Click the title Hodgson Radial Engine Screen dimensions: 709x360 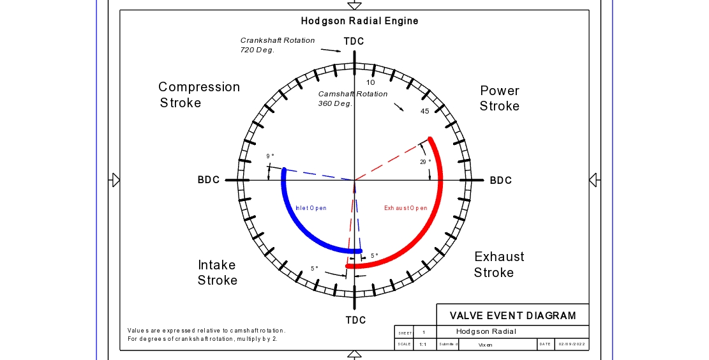click(360, 21)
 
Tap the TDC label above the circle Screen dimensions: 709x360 click(354, 41)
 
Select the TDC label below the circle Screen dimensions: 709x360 click(355, 320)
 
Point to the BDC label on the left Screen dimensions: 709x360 click(209, 180)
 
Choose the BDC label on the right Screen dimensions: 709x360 click(501, 181)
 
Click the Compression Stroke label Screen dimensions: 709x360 click(198, 94)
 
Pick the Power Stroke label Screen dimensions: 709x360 click(500, 98)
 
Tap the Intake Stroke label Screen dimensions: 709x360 click(217, 273)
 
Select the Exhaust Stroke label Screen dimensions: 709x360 click(498, 264)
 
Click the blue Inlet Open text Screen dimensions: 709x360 click(311, 208)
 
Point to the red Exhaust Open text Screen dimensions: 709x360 click(406, 208)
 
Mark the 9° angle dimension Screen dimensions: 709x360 click(270, 156)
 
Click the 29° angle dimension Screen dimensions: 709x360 click(425, 162)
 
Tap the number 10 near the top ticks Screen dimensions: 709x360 click(371, 82)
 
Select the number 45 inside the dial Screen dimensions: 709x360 click(424, 112)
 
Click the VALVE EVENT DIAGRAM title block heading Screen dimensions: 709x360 click(512, 315)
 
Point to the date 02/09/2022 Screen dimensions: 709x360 click(571, 345)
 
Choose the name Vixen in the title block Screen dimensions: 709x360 click(486, 345)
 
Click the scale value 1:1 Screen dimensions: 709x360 click(422, 345)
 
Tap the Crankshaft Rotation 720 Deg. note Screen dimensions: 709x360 click(277, 45)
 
